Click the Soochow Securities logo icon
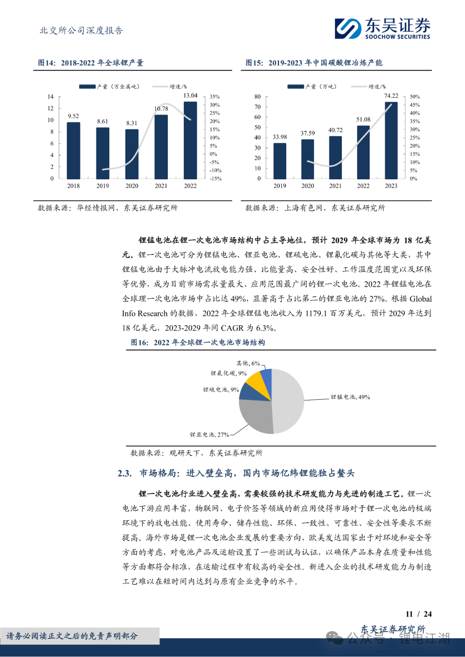[348, 29]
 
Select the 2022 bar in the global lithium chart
[190, 140]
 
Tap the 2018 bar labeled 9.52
[73, 151]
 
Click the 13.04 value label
[190, 96]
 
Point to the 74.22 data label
[391, 96]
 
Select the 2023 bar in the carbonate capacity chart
[391, 140]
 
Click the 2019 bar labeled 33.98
[280, 161]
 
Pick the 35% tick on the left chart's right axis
[214, 97]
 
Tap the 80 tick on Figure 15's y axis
[257, 97]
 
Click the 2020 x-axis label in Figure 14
[132, 186]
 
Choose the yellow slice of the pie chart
[254, 381]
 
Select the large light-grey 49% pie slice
[288, 400]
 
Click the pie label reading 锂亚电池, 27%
[209, 435]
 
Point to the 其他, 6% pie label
[248, 364]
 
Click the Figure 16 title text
[198, 342]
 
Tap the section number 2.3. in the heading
[124, 473]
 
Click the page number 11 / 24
[418, 614]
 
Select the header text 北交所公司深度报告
[81, 31]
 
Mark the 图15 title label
[254, 63]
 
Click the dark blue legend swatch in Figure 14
[87, 86]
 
